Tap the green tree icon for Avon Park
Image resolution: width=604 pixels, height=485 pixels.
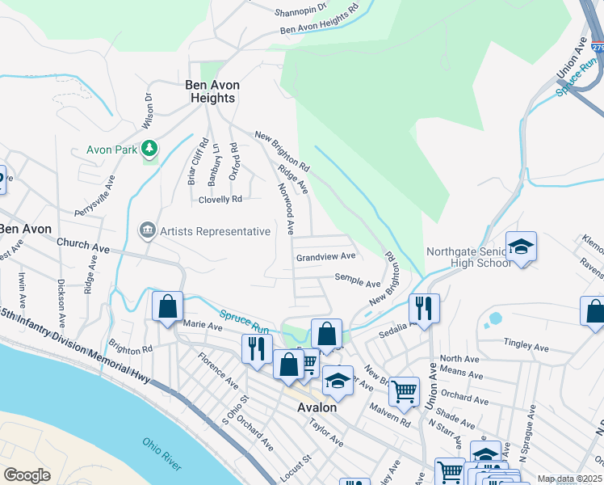click(x=149, y=148)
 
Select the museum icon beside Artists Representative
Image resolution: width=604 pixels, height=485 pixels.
click(x=146, y=231)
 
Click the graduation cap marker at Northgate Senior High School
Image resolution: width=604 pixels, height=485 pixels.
click(x=521, y=247)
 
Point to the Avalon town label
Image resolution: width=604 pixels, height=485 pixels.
click(x=317, y=407)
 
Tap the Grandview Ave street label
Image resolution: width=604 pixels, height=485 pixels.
click(x=325, y=256)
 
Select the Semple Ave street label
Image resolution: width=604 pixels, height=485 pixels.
click(x=358, y=284)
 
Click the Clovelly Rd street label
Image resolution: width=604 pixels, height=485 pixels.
click(x=215, y=199)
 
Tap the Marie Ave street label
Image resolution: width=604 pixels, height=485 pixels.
click(x=203, y=326)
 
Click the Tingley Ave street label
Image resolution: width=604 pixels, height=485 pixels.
click(x=526, y=348)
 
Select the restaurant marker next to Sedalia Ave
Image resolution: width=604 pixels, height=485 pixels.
click(x=422, y=308)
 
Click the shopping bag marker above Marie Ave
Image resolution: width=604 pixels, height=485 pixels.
click(x=167, y=307)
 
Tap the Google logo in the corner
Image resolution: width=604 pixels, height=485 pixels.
click(x=27, y=475)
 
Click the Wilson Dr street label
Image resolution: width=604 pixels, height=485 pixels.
click(x=148, y=110)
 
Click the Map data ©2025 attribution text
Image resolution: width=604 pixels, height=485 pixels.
click(x=568, y=479)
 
